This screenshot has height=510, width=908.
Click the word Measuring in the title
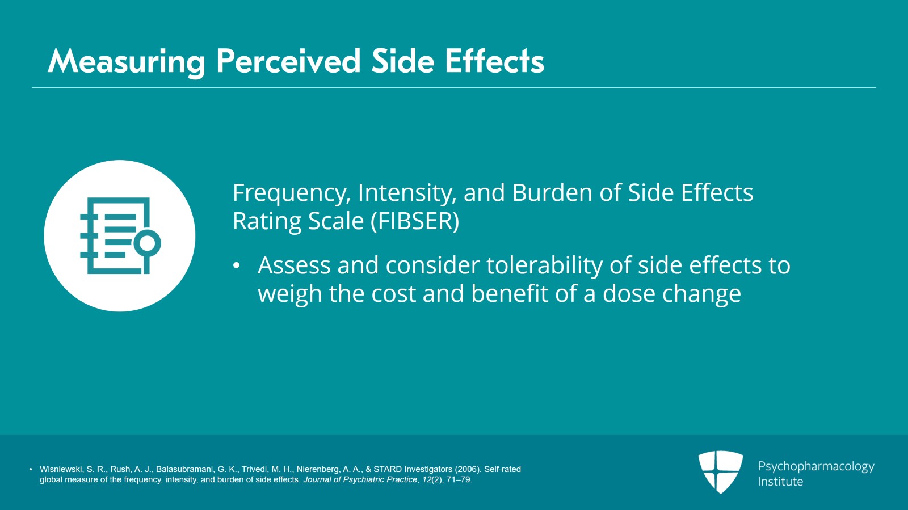pos(127,62)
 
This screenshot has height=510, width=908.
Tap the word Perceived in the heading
pos(288,62)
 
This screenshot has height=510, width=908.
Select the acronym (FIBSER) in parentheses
pos(415,222)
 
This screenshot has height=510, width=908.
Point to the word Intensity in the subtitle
pos(407,193)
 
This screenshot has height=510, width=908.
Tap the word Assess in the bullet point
pos(295,265)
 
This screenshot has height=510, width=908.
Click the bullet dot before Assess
pos(237,265)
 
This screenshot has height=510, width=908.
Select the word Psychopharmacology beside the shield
pos(816,467)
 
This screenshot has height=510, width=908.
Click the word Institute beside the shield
pos(780,482)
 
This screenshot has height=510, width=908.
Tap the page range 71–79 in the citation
pos(459,479)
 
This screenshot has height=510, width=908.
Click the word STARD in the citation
pos(386,469)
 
